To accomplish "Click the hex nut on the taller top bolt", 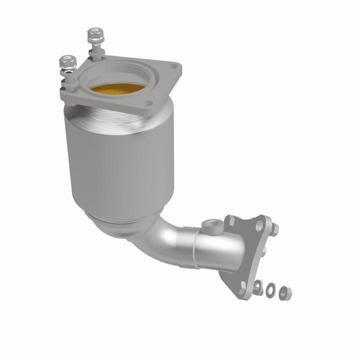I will pos(92,35).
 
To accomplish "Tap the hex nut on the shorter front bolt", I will pos(66,62).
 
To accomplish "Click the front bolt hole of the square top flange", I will pos(147,104).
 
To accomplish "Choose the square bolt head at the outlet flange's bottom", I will pos(243,288).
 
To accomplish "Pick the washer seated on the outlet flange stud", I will pos(258,287).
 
